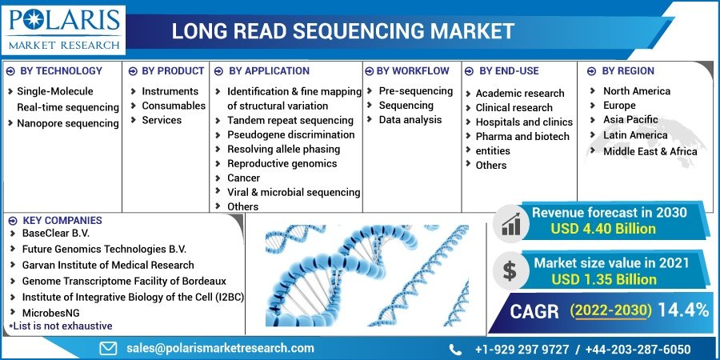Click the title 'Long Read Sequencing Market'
click(x=343, y=31)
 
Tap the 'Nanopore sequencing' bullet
click(x=67, y=123)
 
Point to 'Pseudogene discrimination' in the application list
click(x=290, y=134)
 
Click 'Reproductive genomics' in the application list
click(x=282, y=163)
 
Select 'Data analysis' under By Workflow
click(x=410, y=120)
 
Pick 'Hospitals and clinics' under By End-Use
click(x=524, y=122)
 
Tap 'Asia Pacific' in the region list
click(x=630, y=120)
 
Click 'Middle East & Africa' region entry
click(x=650, y=150)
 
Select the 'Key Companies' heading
click(x=62, y=220)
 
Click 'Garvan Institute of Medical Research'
click(x=108, y=265)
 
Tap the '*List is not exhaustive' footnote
click(x=61, y=326)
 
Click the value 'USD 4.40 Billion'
click(x=602, y=229)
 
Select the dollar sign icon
click(x=509, y=271)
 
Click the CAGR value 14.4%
click(x=682, y=310)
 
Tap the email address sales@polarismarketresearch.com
click(x=220, y=348)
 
